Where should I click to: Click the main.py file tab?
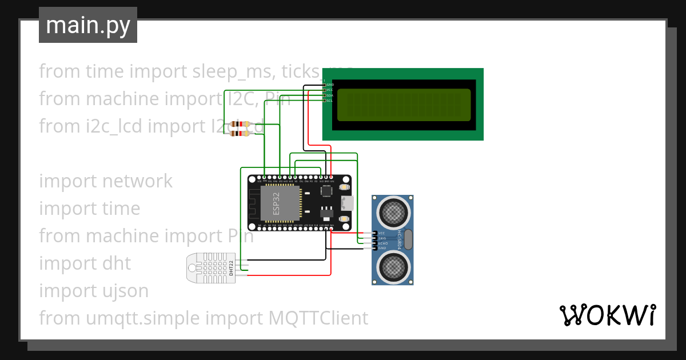click(87, 25)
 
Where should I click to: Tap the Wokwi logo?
click(607, 315)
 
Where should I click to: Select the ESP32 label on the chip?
click(276, 203)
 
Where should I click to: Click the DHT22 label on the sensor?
click(231, 267)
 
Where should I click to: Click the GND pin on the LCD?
click(325, 85)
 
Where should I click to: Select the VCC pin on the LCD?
click(325, 90)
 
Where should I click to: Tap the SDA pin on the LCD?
click(325, 95)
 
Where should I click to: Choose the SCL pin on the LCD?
click(325, 101)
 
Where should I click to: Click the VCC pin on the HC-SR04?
click(375, 233)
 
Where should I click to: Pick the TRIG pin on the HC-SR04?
click(375, 238)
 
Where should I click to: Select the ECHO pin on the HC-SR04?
click(375, 243)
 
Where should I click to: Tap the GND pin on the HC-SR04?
click(375, 249)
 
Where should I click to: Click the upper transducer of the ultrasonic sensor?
click(392, 213)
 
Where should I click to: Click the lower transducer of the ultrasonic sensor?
click(392, 266)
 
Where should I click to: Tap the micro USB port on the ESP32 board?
click(348, 203)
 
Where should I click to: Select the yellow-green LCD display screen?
click(404, 105)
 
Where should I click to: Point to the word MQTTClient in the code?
click(318, 318)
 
